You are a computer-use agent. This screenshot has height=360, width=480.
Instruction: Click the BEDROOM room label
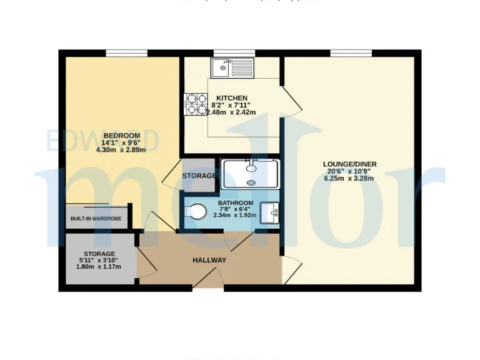[121, 136]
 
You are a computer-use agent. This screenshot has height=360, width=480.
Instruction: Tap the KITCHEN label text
[232, 98]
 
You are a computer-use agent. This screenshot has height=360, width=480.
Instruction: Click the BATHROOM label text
[235, 203]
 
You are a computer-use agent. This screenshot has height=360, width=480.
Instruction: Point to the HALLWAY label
[209, 260]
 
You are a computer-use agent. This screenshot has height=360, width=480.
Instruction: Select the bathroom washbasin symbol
[271, 213]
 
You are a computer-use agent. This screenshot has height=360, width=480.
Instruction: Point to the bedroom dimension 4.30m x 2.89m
[121, 150]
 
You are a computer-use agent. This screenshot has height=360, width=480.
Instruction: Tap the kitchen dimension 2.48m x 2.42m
[231, 112]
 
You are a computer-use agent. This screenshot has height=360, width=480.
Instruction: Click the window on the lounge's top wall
[348, 53]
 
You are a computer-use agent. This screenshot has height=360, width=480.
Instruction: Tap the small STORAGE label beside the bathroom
[199, 176]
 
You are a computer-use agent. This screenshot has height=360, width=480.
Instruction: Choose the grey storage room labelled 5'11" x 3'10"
[99, 259]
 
